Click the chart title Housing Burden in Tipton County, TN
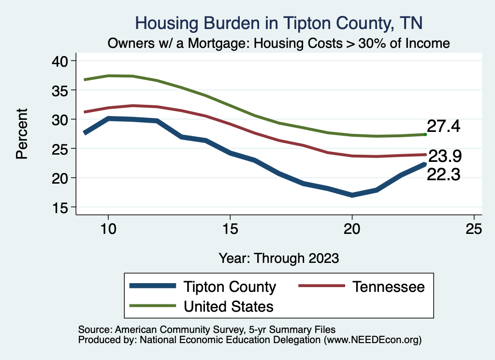(x=279, y=23)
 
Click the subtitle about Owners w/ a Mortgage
(x=279, y=43)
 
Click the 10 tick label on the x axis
(x=108, y=230)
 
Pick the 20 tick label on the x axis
(x=352, y=230)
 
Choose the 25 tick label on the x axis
(x=474, y=230)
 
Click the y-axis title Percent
(x=21, y=133)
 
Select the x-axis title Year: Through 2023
(x=279, y=258)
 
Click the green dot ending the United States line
(x=425, y=134)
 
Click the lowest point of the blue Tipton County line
(x=352, y=195)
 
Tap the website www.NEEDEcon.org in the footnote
(x=372, y=340)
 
